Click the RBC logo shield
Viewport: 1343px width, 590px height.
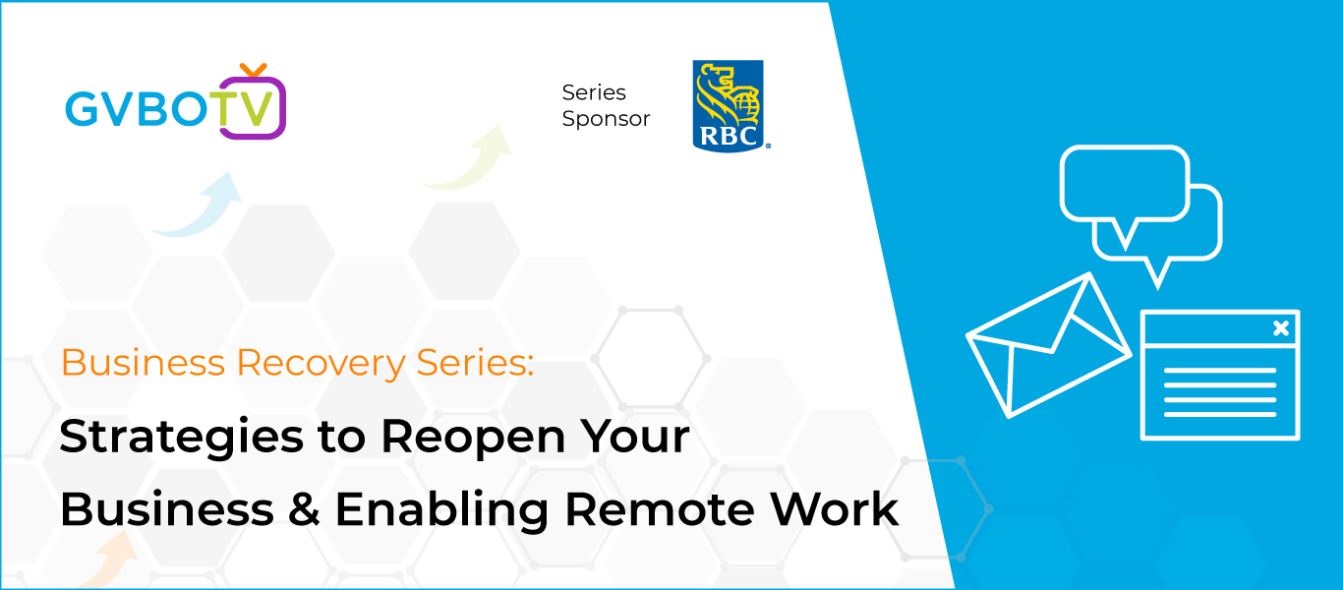click(728, 105)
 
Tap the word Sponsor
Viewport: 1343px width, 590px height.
click(606, 119)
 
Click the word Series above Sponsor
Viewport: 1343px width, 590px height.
click(594, 92)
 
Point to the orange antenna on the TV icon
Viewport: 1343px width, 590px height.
click(253, 70)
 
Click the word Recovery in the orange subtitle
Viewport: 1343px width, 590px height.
click(321, 364)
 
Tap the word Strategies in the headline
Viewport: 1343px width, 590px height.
click(182, 438)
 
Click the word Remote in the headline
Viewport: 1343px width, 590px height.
click(660, 509)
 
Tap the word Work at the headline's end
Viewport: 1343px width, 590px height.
click(835, 509)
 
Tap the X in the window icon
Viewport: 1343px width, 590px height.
click(1281, 328)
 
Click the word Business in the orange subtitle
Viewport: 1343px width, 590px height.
click(144, 363)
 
